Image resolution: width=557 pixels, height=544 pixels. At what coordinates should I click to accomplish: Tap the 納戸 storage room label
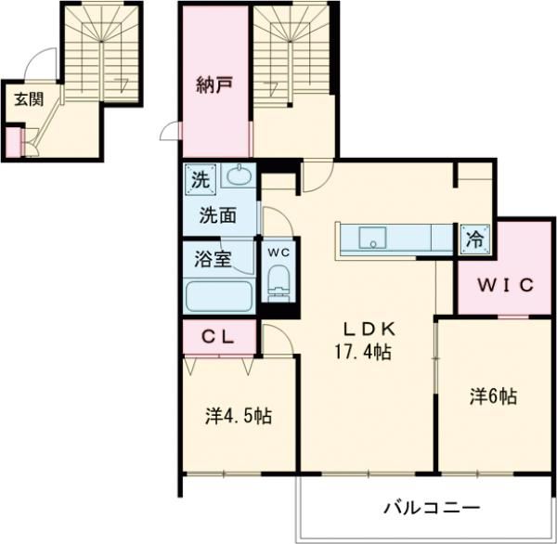214,85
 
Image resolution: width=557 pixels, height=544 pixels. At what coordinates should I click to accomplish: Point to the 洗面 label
219,215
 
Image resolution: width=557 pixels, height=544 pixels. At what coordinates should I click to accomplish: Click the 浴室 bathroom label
213,259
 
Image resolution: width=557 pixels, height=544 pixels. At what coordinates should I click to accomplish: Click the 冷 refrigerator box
473,239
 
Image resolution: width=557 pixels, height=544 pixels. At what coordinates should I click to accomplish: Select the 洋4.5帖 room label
238,415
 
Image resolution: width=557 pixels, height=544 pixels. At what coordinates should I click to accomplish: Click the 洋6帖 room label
492,396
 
